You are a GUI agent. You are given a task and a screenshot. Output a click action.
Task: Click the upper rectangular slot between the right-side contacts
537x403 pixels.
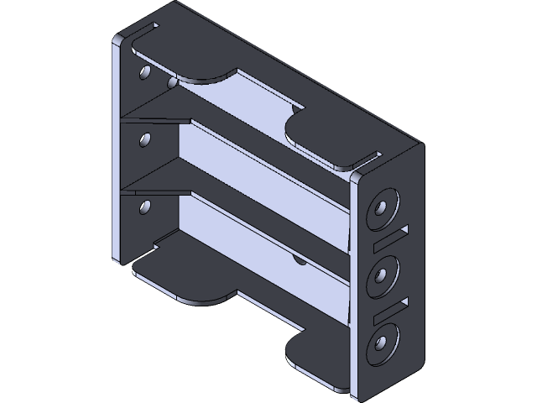click(x=387, y=238)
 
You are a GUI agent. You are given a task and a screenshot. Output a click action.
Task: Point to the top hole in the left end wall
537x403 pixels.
click(x=144, y=74)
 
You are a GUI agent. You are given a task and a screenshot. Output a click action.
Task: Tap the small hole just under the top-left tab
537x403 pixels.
click(x=173, y=82)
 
